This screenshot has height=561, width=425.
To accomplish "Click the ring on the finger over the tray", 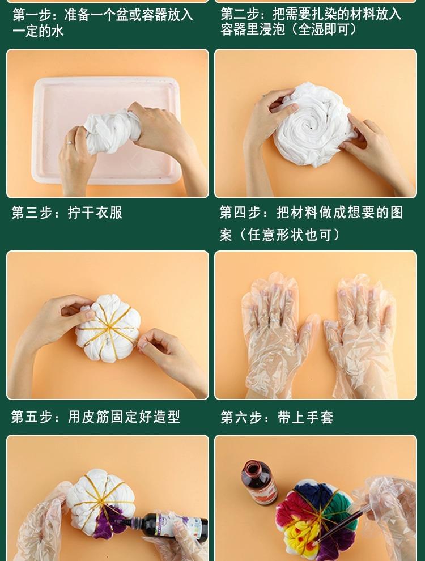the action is point(70,142).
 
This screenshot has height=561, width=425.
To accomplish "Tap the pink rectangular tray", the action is point(107,130).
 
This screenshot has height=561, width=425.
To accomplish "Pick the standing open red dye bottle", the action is point(258,483).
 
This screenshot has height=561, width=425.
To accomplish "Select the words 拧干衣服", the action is point(95,212).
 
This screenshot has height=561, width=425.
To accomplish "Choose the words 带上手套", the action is point(305,417).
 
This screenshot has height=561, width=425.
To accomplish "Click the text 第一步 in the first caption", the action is point(34,15).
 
